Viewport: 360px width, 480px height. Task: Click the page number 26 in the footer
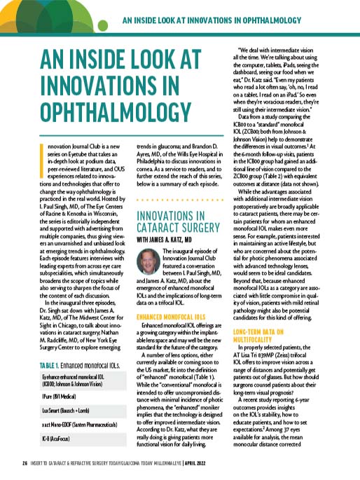(x=25, y=463)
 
